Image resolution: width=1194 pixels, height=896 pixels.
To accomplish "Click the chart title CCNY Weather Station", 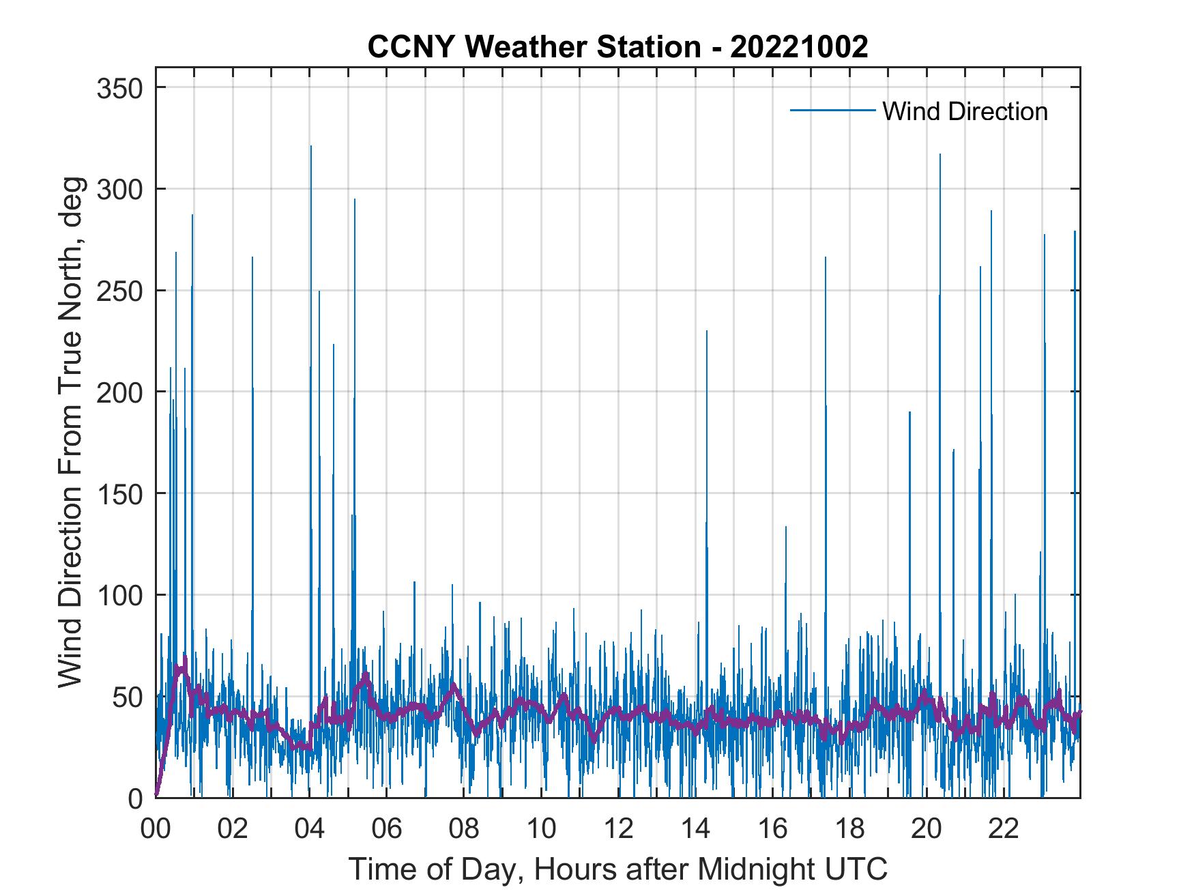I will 617,47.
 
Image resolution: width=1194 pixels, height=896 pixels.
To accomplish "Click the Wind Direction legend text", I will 965,111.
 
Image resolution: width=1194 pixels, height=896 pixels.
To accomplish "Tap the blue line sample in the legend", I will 832,111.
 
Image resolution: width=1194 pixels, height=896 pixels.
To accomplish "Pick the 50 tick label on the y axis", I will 124,697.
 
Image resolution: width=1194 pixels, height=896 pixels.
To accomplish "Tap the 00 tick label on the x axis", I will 156,829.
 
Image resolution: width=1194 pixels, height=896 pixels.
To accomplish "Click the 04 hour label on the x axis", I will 310,829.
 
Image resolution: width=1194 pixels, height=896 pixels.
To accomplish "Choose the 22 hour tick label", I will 1004,829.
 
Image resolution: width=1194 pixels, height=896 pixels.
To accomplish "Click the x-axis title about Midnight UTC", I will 617,869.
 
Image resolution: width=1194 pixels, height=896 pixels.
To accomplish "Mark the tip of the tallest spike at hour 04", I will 310,146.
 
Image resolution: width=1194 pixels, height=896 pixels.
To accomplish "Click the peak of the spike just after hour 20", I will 940,154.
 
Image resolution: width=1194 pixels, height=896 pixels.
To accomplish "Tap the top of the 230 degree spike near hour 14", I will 706,331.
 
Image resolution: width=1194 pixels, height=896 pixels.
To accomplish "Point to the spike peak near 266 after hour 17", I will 825,257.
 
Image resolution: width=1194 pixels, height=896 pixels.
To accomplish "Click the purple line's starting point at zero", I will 156,796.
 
